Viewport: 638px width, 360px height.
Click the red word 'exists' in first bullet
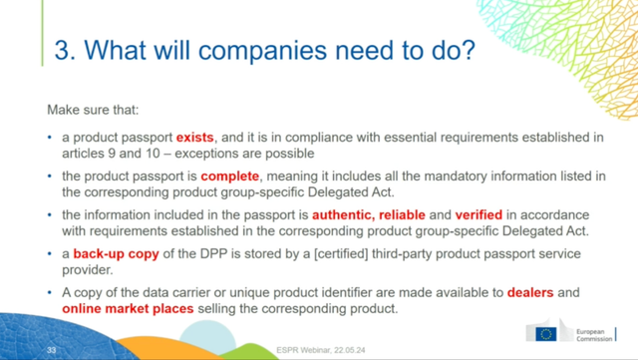(195, 135)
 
